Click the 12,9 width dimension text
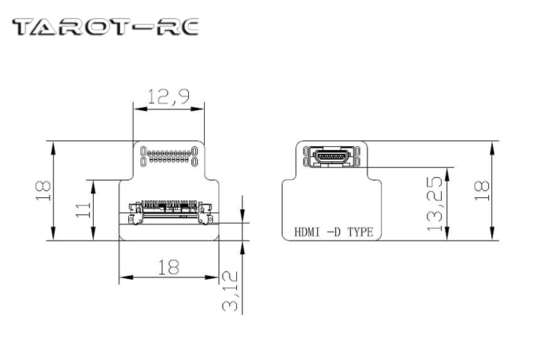[169, 96]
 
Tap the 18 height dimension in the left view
[43, 190]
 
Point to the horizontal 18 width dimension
[168, 265]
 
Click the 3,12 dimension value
[232, 291]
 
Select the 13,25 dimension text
[433, 209]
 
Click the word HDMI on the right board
[306, 232]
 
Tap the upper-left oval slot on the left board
[142, 151]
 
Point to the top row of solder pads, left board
[168, 152]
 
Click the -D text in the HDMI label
[333, 232]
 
